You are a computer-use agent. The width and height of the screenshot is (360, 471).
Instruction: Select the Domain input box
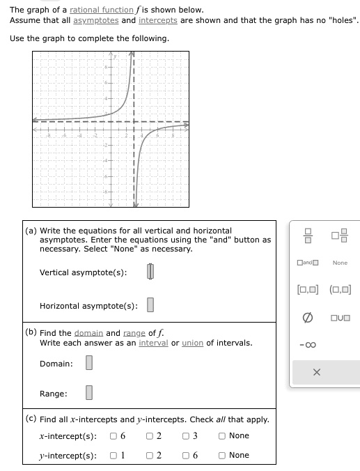coord(88,364)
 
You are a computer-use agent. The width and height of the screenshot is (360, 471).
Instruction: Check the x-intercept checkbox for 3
coord(186,436)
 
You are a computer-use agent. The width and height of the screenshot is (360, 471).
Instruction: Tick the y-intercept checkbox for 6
coord(186,455)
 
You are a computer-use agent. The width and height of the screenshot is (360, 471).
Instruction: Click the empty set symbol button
coord(306,318)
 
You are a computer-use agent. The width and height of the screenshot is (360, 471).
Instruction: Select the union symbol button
coord(341,318)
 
